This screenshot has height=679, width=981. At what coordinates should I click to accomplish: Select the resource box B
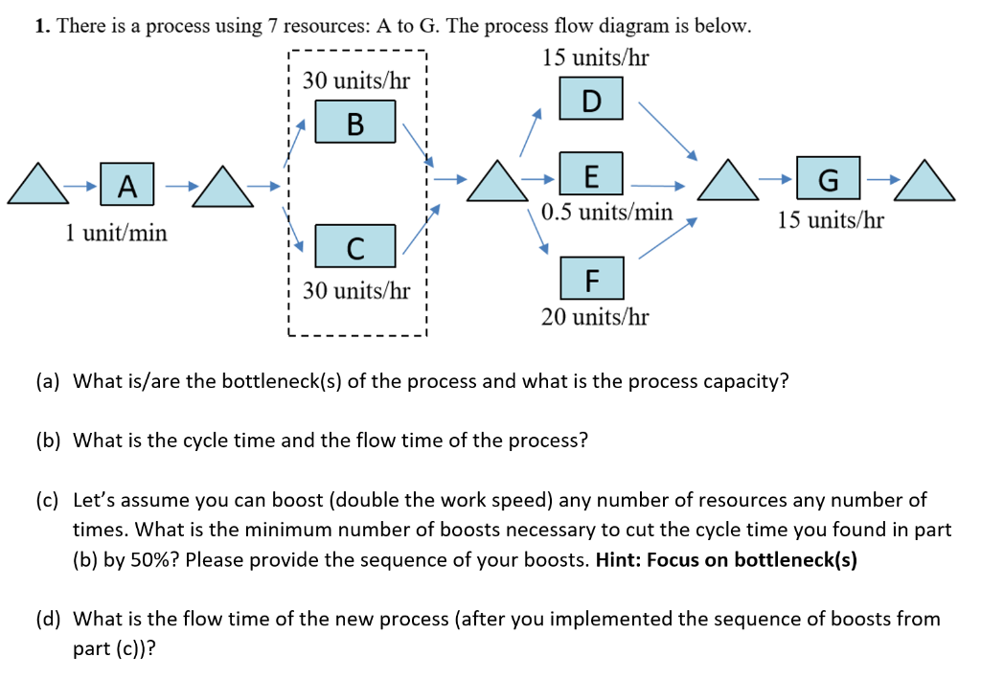(x=355, y=123)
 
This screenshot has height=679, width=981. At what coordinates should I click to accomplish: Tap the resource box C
(x=355, y=247)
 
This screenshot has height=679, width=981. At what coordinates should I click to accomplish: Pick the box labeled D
(x=591, y=100)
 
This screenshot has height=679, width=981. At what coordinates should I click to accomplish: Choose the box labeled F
(x=591, y=279)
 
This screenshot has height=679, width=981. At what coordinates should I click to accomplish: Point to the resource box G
(x=828, y=179)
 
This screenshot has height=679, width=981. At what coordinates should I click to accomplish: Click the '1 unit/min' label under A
(x=116, y=232)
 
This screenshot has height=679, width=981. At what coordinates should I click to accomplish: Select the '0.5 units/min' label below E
(x=606, y=212)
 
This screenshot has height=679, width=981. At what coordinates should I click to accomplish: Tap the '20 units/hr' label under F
(x=594, y=317)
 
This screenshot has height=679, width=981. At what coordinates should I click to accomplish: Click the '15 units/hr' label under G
(x=830, y=221)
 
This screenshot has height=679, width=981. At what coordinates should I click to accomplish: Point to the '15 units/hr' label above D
(x=595, y=58)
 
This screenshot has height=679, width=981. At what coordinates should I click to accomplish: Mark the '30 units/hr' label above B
(x=355, y=81)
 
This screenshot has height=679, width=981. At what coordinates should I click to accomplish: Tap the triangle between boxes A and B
(x=221, y=186)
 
